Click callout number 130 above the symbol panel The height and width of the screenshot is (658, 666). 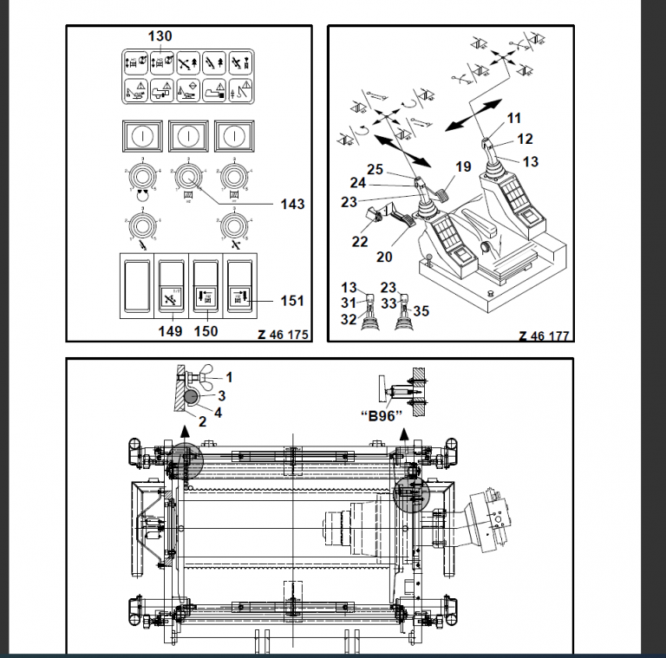tap(160, 36)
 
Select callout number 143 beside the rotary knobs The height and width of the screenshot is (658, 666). tap(292, 205)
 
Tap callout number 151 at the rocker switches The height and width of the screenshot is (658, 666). tap(292, 301)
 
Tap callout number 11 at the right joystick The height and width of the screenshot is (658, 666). tap(514, 118)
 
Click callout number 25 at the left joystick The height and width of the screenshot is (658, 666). tap(375, 170)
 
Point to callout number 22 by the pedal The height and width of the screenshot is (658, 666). tap(361, 242)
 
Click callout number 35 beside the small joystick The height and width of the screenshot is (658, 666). tap(421, 309)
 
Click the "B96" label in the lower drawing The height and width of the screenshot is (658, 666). tap(382, 415)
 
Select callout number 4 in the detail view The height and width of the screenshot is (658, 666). tap(218, 411)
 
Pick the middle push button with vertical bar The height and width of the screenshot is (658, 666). tap(185, 135)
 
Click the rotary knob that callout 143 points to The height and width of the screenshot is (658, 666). tap(185, 177)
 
